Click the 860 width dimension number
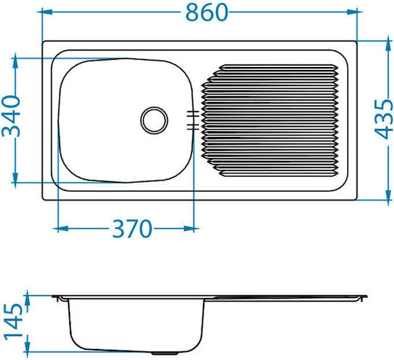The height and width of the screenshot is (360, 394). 206,12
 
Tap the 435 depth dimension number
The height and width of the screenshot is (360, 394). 384,120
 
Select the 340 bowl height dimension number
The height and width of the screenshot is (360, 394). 11,115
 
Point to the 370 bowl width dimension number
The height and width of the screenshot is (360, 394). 132,229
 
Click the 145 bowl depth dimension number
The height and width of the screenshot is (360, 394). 13,321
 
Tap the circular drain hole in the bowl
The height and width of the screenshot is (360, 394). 154,120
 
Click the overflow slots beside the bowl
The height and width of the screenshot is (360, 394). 193,120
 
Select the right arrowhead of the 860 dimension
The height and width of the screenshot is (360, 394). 352,12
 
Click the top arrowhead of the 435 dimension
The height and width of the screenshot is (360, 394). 388,46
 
